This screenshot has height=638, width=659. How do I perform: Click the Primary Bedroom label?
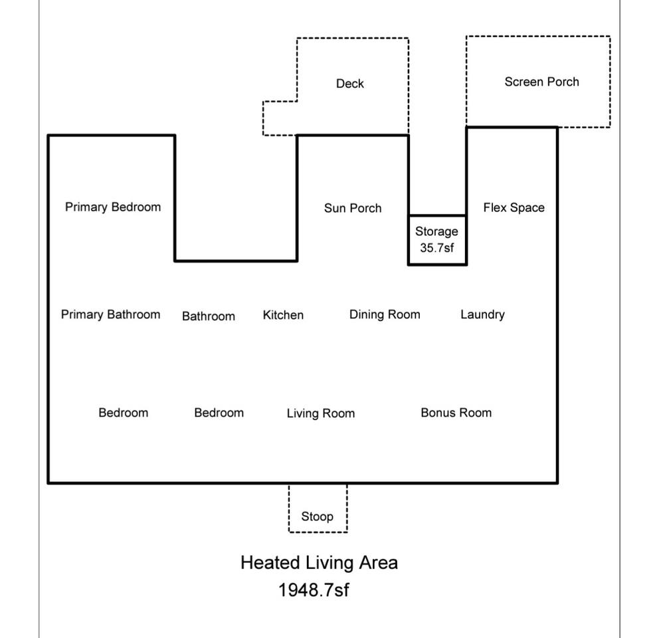(x=113, y=207)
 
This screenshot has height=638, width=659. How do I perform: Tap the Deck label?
(x=349, y=83)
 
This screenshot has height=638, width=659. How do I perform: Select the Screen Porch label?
(x=541, y=82)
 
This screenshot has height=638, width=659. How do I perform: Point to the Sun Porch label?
(x=353, y=208)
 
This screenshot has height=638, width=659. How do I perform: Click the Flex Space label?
(x=514, y=207)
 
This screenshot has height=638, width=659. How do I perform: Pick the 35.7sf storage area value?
(x=436, y=248)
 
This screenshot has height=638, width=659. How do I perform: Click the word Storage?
(x=436, y=231)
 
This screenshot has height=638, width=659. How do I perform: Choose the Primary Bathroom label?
(x=110, y=314)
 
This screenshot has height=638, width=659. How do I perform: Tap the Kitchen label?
(x=283, y=315)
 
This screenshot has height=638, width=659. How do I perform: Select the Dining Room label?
(x=385, y=314)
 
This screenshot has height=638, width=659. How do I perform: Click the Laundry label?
(x=482, y=314)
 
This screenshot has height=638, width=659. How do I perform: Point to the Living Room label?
(x=321, y=413)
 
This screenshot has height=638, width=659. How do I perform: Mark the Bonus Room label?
(x=456, y=413)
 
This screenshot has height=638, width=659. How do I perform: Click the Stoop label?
(x=318, y=516)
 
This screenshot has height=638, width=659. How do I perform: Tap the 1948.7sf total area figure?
(x=314, y=589)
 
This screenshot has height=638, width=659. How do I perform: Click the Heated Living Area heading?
(x=319, y=563)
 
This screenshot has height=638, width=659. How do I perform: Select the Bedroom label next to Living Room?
(x=219, y=413)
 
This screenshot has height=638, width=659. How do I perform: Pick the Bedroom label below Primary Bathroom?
(x=123, y=413)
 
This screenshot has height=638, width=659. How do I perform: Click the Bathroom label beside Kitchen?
(x=209, y=316)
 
